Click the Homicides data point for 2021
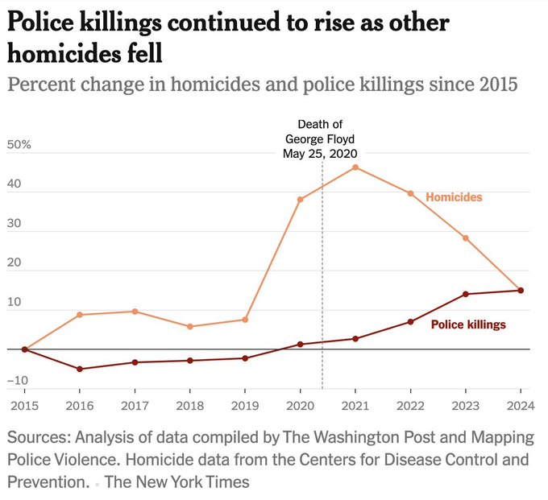coord(355,167)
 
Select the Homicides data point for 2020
coord(300,199)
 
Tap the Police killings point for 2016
coord(79,369)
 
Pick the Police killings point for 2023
coord(465,294)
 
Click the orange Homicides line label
coord(454,197)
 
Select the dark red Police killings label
coord(468,324)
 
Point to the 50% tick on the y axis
coord(19,146)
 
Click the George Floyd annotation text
coord(320,138)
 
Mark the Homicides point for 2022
coord(410,193)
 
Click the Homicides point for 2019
coord(245,320)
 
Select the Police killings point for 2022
coord(410,322)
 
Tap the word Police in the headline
coord(43,23)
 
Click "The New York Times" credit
coord(176,482)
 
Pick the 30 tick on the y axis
coord(16,232)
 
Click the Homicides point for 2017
coord(135,312)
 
